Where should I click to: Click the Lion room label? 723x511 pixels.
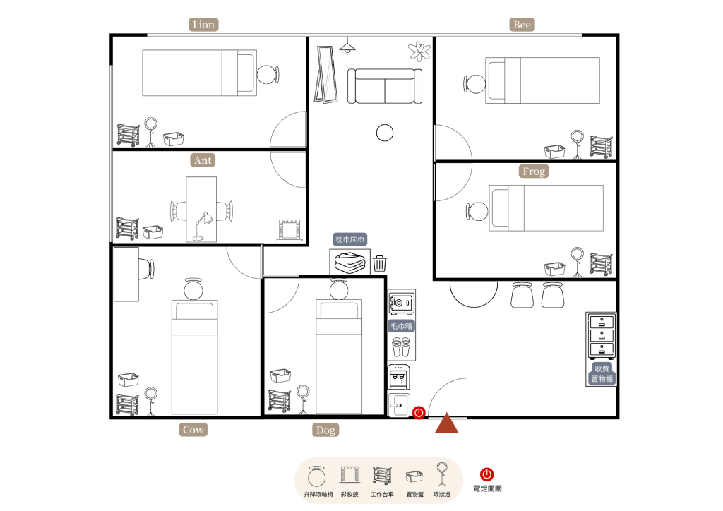tap(203, 25)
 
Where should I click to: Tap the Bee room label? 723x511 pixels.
tap(522, 25)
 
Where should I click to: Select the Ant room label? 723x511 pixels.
tap(203, 160)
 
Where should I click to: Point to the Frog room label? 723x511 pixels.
tap(534, 171)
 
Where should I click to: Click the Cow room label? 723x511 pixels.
tap(193, 429)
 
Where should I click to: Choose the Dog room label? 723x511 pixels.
tap(325, 430)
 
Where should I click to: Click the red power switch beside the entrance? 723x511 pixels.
tap(419, 412)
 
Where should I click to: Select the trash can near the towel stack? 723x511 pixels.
tap(379, 263)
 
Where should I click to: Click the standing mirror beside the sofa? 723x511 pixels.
tap(325, 73)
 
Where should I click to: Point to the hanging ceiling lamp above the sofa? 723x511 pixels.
tap(347, 46)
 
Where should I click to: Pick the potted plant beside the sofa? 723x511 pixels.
tap(419, 51)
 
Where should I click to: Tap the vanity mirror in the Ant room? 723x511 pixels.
tap(289, 230)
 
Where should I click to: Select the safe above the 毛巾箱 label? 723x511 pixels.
tap(402, 302)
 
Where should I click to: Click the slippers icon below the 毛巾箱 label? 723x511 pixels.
tap(401, 347)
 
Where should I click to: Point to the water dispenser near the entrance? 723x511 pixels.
tap(398, 377)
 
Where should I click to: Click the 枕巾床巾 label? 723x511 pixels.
tap(350, 239)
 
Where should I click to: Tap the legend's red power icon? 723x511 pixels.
tap(487, 474)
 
